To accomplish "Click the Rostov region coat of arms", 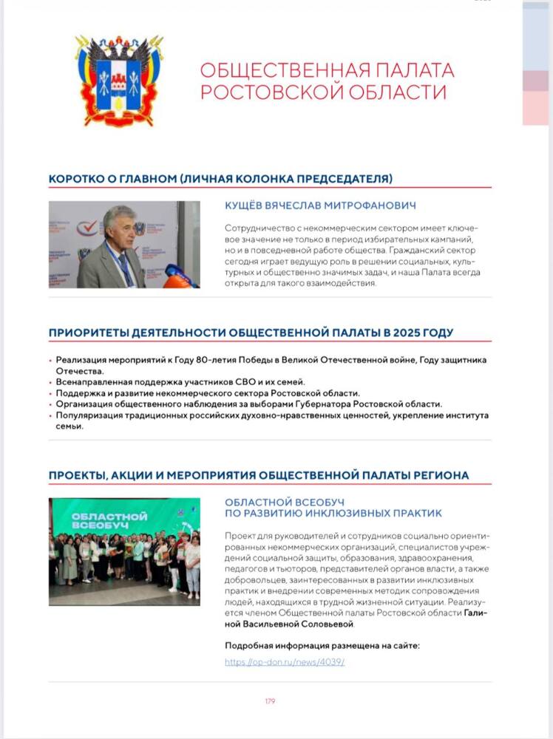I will [x=118, y=81].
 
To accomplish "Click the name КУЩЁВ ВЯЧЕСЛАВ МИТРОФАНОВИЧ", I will [x=320, y=205].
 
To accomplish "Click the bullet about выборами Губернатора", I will [x=249, y=403].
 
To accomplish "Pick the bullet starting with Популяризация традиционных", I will [x=271, y=415].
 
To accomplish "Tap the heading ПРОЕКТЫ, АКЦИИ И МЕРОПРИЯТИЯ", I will [x=258, y=474].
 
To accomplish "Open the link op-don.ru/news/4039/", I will [x=285, y=662].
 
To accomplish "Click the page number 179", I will [x=270, y=701].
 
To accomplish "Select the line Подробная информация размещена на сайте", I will [x=322, y=645].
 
